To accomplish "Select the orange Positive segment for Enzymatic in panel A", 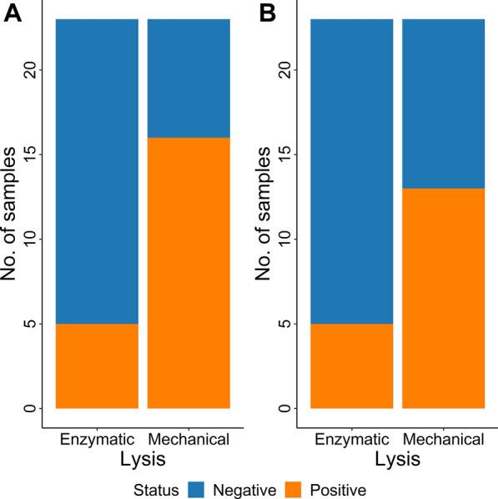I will tap(97, 365).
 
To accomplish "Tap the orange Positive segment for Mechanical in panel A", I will tap(189, 273).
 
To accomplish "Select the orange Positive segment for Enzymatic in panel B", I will tap(351, 365).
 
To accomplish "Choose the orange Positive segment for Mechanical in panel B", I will tap(443, 298).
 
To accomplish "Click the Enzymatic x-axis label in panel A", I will tap(97, 438).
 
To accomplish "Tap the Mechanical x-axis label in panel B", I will tap(443, 438).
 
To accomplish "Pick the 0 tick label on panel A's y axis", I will tap(30, 408).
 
